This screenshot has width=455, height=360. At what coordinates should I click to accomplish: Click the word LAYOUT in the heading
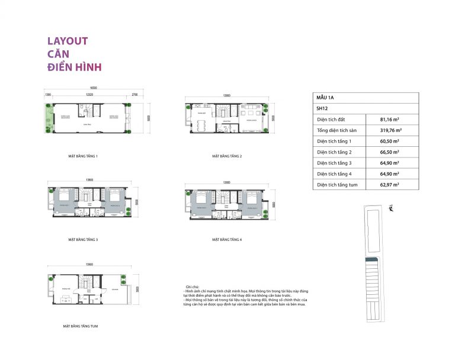(x=68, y=41)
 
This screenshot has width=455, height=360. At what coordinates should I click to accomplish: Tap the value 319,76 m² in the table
(x=391, y=130)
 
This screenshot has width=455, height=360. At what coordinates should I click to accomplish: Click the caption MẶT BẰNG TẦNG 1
(x=83, y=156)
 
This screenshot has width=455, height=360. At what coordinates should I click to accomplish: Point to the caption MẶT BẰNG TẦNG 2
(x=227, y=156)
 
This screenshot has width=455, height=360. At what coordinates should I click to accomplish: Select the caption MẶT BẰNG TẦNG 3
(x=83, y=240)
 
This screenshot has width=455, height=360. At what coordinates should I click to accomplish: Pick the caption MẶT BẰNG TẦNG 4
(x=227, y=240)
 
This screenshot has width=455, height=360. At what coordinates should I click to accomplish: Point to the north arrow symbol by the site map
(x=392, y=208)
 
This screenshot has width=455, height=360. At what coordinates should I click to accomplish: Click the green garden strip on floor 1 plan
(x=47, y=118)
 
